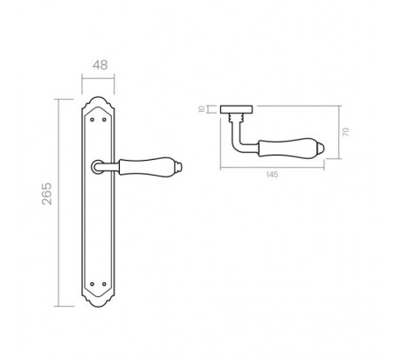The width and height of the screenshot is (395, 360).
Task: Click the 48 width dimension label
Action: coord(100,65)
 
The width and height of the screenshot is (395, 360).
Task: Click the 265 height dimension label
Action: coord(47,194)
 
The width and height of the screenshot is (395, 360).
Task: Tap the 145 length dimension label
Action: coord(273,175)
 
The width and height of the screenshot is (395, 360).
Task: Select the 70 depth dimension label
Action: coord(346,132)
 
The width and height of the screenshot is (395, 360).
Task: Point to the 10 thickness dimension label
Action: coord(202,109)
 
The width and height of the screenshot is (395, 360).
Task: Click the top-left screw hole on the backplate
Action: coord(93,120)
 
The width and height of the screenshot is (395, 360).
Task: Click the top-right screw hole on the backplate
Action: coord(104,120)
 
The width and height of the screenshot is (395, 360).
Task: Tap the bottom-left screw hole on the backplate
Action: coord(93,284)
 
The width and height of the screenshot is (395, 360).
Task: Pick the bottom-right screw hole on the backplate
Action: coord(104,284)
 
